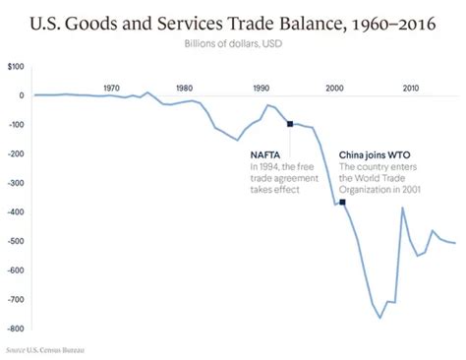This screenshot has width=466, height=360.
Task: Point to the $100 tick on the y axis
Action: click(16, 66)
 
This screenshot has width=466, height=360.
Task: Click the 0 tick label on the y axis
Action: click(21, 95)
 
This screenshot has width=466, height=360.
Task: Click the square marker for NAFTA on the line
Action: click(290, 124)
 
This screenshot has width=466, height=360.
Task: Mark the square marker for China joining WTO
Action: click(342, 202)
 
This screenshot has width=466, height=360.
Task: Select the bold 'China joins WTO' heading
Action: click(377, 154)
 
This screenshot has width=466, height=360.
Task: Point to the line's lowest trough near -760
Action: click(380, 318)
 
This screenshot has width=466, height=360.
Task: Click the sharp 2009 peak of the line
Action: click(402, 208)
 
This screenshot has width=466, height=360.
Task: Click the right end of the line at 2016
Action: click(455, 243)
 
